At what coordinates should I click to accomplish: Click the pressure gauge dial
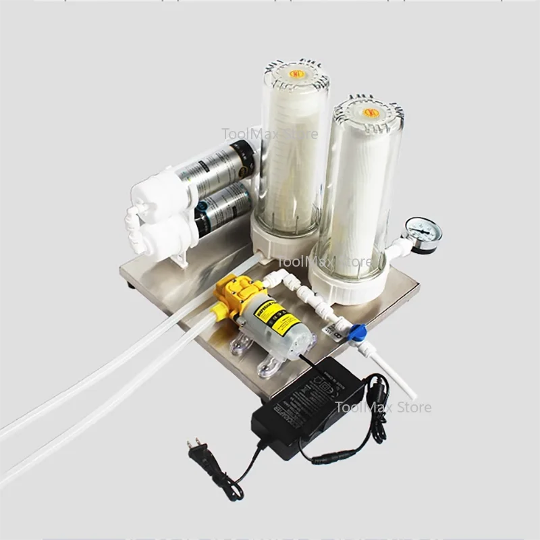pyautogui.click(x=421, y=234)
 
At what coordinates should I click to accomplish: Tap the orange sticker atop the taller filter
pyautogui.click(x=295, y=73)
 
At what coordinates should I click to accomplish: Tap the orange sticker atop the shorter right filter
pyautogui.click(x=370, y=113)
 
